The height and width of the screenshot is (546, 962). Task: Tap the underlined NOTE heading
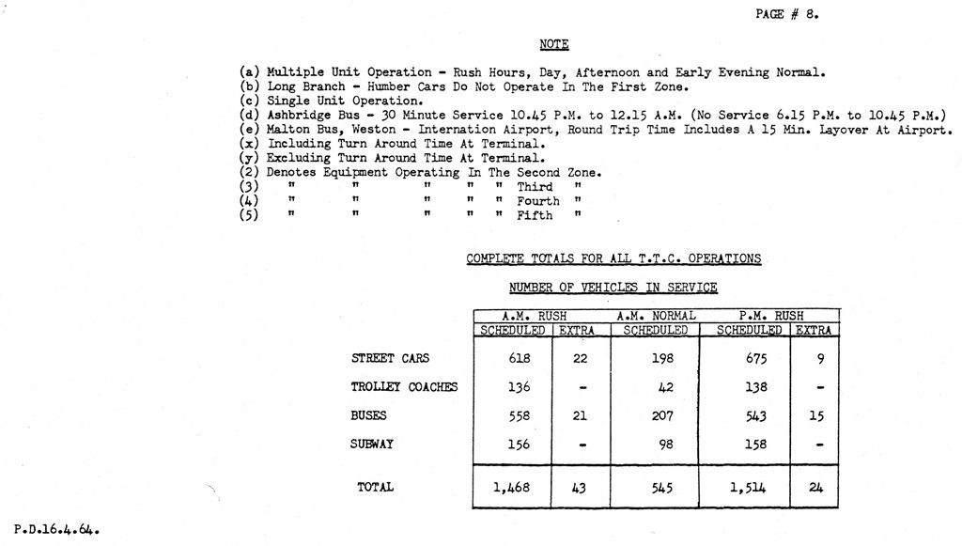tap(554, 44)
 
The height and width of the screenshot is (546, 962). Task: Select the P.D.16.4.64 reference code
tap(56, 530)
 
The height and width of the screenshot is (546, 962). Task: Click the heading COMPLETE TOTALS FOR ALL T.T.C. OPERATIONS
tap(613, 259)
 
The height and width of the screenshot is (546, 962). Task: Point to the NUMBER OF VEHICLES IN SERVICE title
tap(613, 288)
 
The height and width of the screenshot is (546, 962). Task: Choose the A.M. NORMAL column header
tap(656, 316)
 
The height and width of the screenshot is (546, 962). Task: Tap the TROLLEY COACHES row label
tap(404, 387)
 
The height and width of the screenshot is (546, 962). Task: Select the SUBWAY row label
tap(372, 445)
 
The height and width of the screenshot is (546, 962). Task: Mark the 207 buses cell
tap(662, 415)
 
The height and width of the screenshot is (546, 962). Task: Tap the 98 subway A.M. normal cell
tap(666, 445)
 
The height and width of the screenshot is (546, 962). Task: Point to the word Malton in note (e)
tap(287, 130)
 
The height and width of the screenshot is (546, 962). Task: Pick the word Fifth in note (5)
tap(535, 215)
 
